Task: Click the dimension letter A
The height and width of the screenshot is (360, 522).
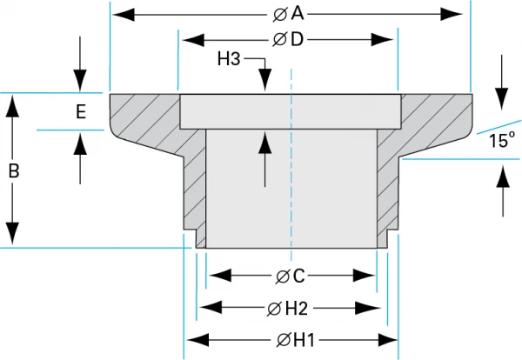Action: (x=298, y=14)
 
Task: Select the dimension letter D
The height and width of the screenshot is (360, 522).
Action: (x=298, y=40)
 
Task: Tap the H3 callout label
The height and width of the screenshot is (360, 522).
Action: (x=228, y=59)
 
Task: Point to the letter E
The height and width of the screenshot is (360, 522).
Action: (x=80, y=111)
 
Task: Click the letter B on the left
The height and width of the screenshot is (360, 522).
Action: (x=13, y=171)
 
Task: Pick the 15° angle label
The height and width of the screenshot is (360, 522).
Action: (x=501, y=139)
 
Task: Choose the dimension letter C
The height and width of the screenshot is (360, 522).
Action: (x=298, y=277)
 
